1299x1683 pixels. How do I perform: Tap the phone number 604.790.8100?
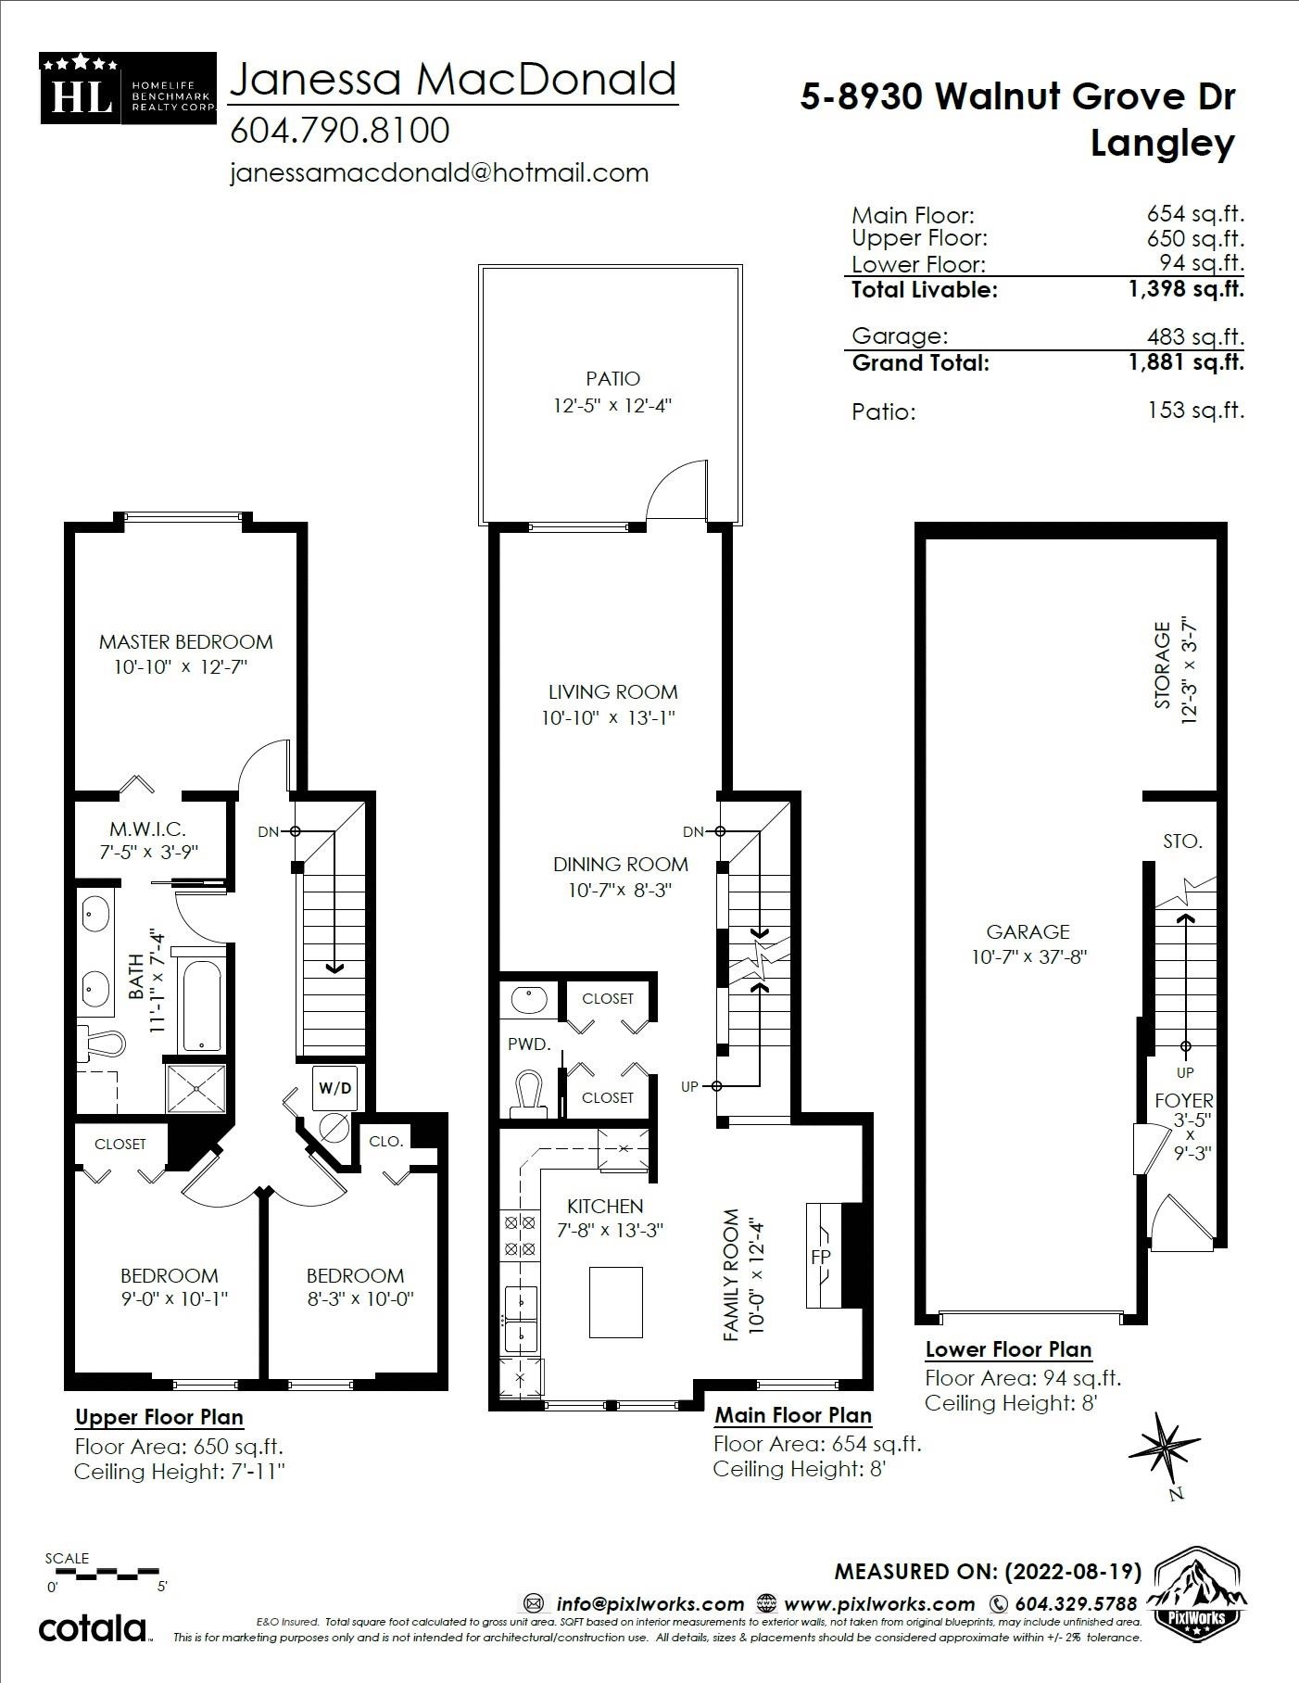coord(339,131)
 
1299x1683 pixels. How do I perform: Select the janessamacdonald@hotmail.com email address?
coord(438,173)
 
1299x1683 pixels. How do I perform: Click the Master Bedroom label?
coord(185,642)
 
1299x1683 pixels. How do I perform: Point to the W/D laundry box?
coord(334,1087)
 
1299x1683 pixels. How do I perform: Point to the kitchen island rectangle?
coord(615,1302)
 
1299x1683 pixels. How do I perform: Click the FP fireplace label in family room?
coord(821,1257)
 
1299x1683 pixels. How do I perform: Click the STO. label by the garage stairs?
coord(1182,841)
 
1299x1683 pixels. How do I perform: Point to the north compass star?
coord(1163,1445)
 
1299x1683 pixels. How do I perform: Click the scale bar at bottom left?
coord(104,1573)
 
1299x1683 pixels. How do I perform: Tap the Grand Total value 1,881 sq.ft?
coord(1185,362)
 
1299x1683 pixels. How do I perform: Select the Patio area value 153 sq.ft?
coord(1195,411)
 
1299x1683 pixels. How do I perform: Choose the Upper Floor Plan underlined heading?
coord(159,1417)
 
